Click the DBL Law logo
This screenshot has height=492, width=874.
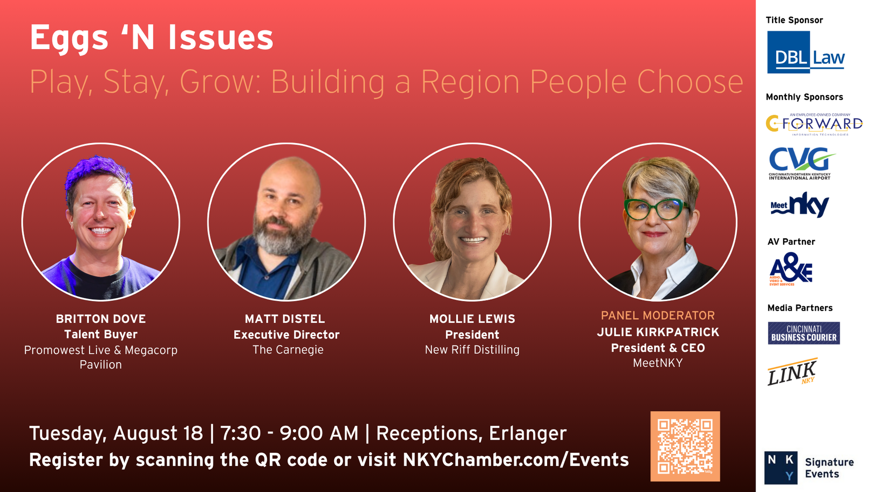(x=806, y=52)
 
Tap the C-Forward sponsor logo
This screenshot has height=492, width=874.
(x=814, y=124)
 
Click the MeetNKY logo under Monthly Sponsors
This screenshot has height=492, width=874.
(x=799, y=205)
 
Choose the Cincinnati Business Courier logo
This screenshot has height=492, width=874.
(x=804, y=333)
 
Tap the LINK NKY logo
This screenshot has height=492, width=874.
(x=792, y=372)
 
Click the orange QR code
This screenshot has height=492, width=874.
(x=685, y=446)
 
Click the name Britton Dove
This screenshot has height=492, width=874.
(x=101, y=319)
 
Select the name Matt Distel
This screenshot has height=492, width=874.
(x=285, y=319)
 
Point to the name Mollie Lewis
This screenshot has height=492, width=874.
(x=473, y=319)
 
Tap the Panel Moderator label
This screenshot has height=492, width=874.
(x=658, y=315)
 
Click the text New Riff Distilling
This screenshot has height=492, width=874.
(x=473, y=350)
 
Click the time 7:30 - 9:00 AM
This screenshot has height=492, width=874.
(x=290, y=433)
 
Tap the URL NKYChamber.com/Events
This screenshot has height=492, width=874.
(x=516, y=460)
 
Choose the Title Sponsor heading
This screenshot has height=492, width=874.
(x=794, y=20)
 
